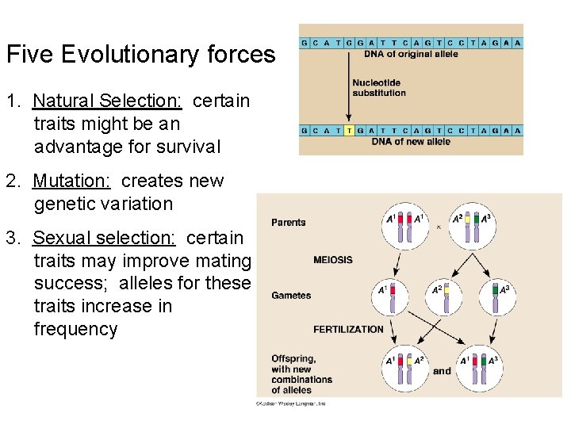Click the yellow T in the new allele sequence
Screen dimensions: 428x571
(350, 130)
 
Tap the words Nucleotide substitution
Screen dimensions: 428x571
(378, 87)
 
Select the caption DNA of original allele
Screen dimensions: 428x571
(410, 54)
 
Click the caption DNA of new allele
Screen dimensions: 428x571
(410, 141)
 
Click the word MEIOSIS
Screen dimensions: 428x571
(332, 259)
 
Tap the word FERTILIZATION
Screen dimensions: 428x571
(348, 329)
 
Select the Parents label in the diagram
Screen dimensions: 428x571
(288, 222)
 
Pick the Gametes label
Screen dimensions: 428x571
(291, 295)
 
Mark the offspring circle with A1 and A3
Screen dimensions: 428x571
(478, 369)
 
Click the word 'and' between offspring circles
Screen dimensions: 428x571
(442, 370)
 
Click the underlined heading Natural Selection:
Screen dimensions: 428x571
(107, 101)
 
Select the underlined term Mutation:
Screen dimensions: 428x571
(71, 181)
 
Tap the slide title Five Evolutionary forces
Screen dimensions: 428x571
(140, 55)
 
